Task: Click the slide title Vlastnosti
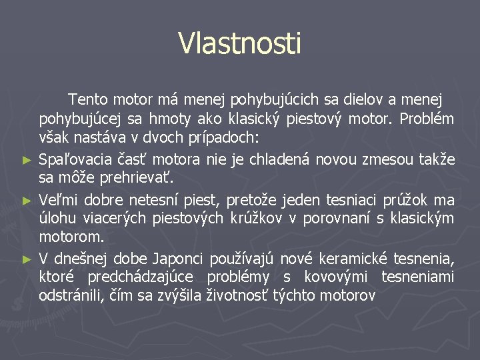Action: pyautogui.click(x=239, y=43)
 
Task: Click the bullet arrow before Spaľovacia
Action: pyautogui.click(x=27, y=160)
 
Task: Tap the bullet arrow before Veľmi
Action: pyautogui.click(x=27, y=200)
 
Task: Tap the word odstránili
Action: pyautogui.click(x=70, y=296)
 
